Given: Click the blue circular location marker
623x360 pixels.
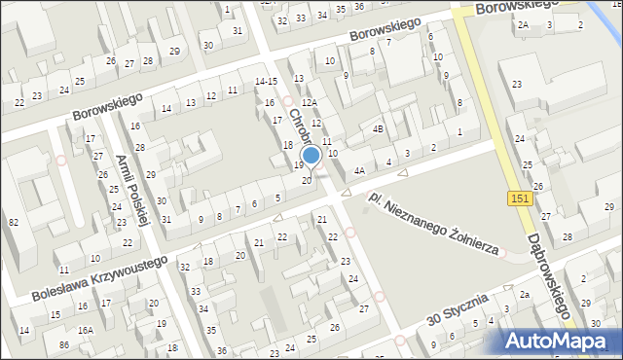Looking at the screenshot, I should click(x=311, y=156).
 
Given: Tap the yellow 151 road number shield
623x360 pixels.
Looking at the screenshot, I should click(x=519, y=198).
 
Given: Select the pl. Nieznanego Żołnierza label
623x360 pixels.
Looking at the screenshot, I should click(x=434, y=223).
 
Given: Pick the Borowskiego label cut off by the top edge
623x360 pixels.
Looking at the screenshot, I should click(x=517, y=6).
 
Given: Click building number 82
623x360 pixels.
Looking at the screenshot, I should click(x=14, y=223).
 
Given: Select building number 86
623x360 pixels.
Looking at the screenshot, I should click(x=63, y=345).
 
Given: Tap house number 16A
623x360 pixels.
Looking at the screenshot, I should click(x=86, y=331).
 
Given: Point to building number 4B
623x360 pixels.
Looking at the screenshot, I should click(x=378, y=128).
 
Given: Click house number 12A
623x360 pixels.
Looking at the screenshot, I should click(x=310, y=102).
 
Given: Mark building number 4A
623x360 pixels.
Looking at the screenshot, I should click(x=359, y=170).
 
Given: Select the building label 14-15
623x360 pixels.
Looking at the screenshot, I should click(x=266, y=81).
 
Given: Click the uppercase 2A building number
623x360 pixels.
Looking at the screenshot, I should click(x=524, y=24).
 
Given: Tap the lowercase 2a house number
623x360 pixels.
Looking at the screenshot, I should click(x=524, y=295).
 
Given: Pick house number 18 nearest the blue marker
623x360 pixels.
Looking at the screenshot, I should click(x=287, y=144).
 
